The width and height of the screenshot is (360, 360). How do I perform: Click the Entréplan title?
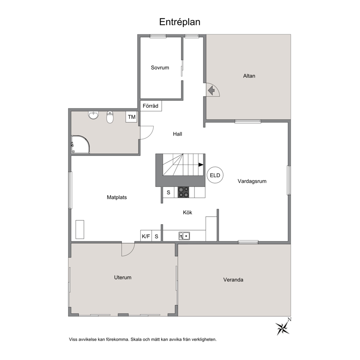pos(180,22)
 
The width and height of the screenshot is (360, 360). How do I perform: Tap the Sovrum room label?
pos(160,67)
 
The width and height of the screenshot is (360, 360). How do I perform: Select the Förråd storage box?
pos(151,106)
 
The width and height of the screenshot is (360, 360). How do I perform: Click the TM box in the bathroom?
pos(132,117)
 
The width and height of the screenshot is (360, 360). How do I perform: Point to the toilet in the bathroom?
pos(110,117)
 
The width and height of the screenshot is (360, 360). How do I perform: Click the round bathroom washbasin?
pos(93,115)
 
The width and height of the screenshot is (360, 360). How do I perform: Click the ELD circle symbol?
pos(215,175)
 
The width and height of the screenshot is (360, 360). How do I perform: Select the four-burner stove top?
pos(183,192)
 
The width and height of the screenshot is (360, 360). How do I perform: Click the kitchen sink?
pos(184,236)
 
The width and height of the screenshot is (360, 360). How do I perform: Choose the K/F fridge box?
pos(146,236)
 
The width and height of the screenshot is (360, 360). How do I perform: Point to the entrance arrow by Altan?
pos(211,90)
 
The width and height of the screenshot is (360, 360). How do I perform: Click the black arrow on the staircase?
pos(201,165)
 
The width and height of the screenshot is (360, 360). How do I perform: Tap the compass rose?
pos(283,327)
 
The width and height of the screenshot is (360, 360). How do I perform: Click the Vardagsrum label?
pos(252,181)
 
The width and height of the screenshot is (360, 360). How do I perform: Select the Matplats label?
pos(116,197)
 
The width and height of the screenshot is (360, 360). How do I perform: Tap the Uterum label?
pos(123,277)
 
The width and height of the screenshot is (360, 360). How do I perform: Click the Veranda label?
pos(233,280)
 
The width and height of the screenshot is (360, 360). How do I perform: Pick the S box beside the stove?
pos(168,192)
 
